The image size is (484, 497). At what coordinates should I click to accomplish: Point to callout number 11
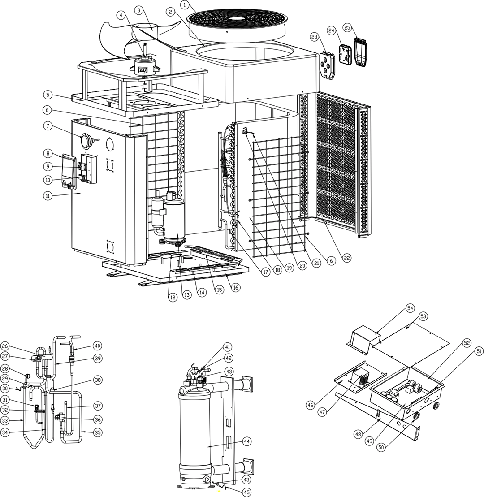[x=48, y=195]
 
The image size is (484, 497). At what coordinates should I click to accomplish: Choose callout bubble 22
[x=347, y=258]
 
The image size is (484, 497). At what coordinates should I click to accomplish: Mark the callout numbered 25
[x=347, y=28]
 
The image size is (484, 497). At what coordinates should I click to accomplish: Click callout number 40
[x=97, y=346]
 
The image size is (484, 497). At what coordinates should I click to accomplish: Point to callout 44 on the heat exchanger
[x=247, y=441]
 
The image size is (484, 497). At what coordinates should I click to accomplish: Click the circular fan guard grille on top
[x=235, y=18]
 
